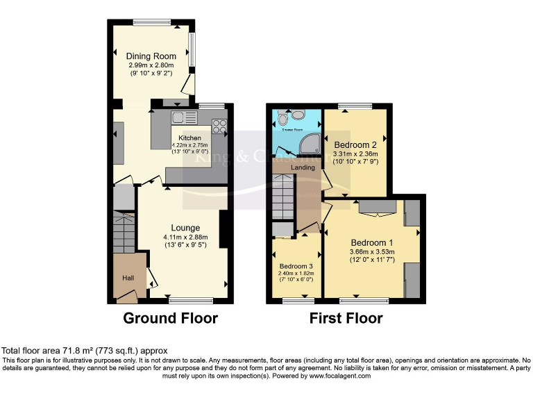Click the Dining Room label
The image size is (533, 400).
[151, 56]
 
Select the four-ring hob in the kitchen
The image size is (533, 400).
[220, 126]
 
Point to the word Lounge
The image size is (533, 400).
[185, 228]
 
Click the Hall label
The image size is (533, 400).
[128, 278]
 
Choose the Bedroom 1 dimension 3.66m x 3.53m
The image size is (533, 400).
[373, 252]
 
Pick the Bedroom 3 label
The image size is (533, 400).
[296, 266]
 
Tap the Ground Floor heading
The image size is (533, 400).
[170, 319]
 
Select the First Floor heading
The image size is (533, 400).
[346, 319]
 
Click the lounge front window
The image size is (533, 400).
[190, 301]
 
